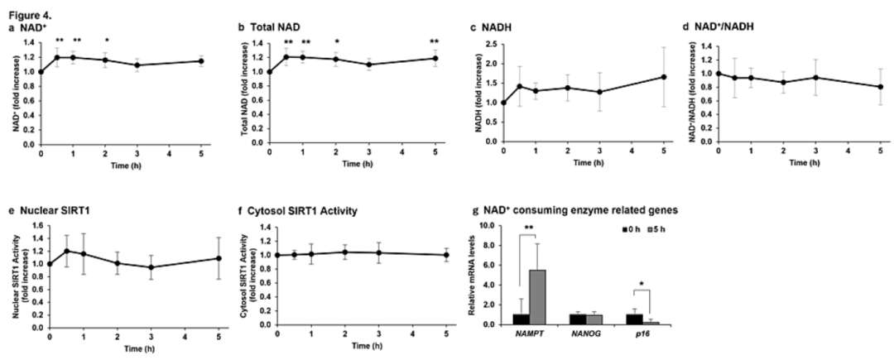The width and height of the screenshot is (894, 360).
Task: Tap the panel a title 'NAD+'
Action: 27,27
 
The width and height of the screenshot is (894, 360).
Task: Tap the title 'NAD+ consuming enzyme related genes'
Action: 574,211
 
